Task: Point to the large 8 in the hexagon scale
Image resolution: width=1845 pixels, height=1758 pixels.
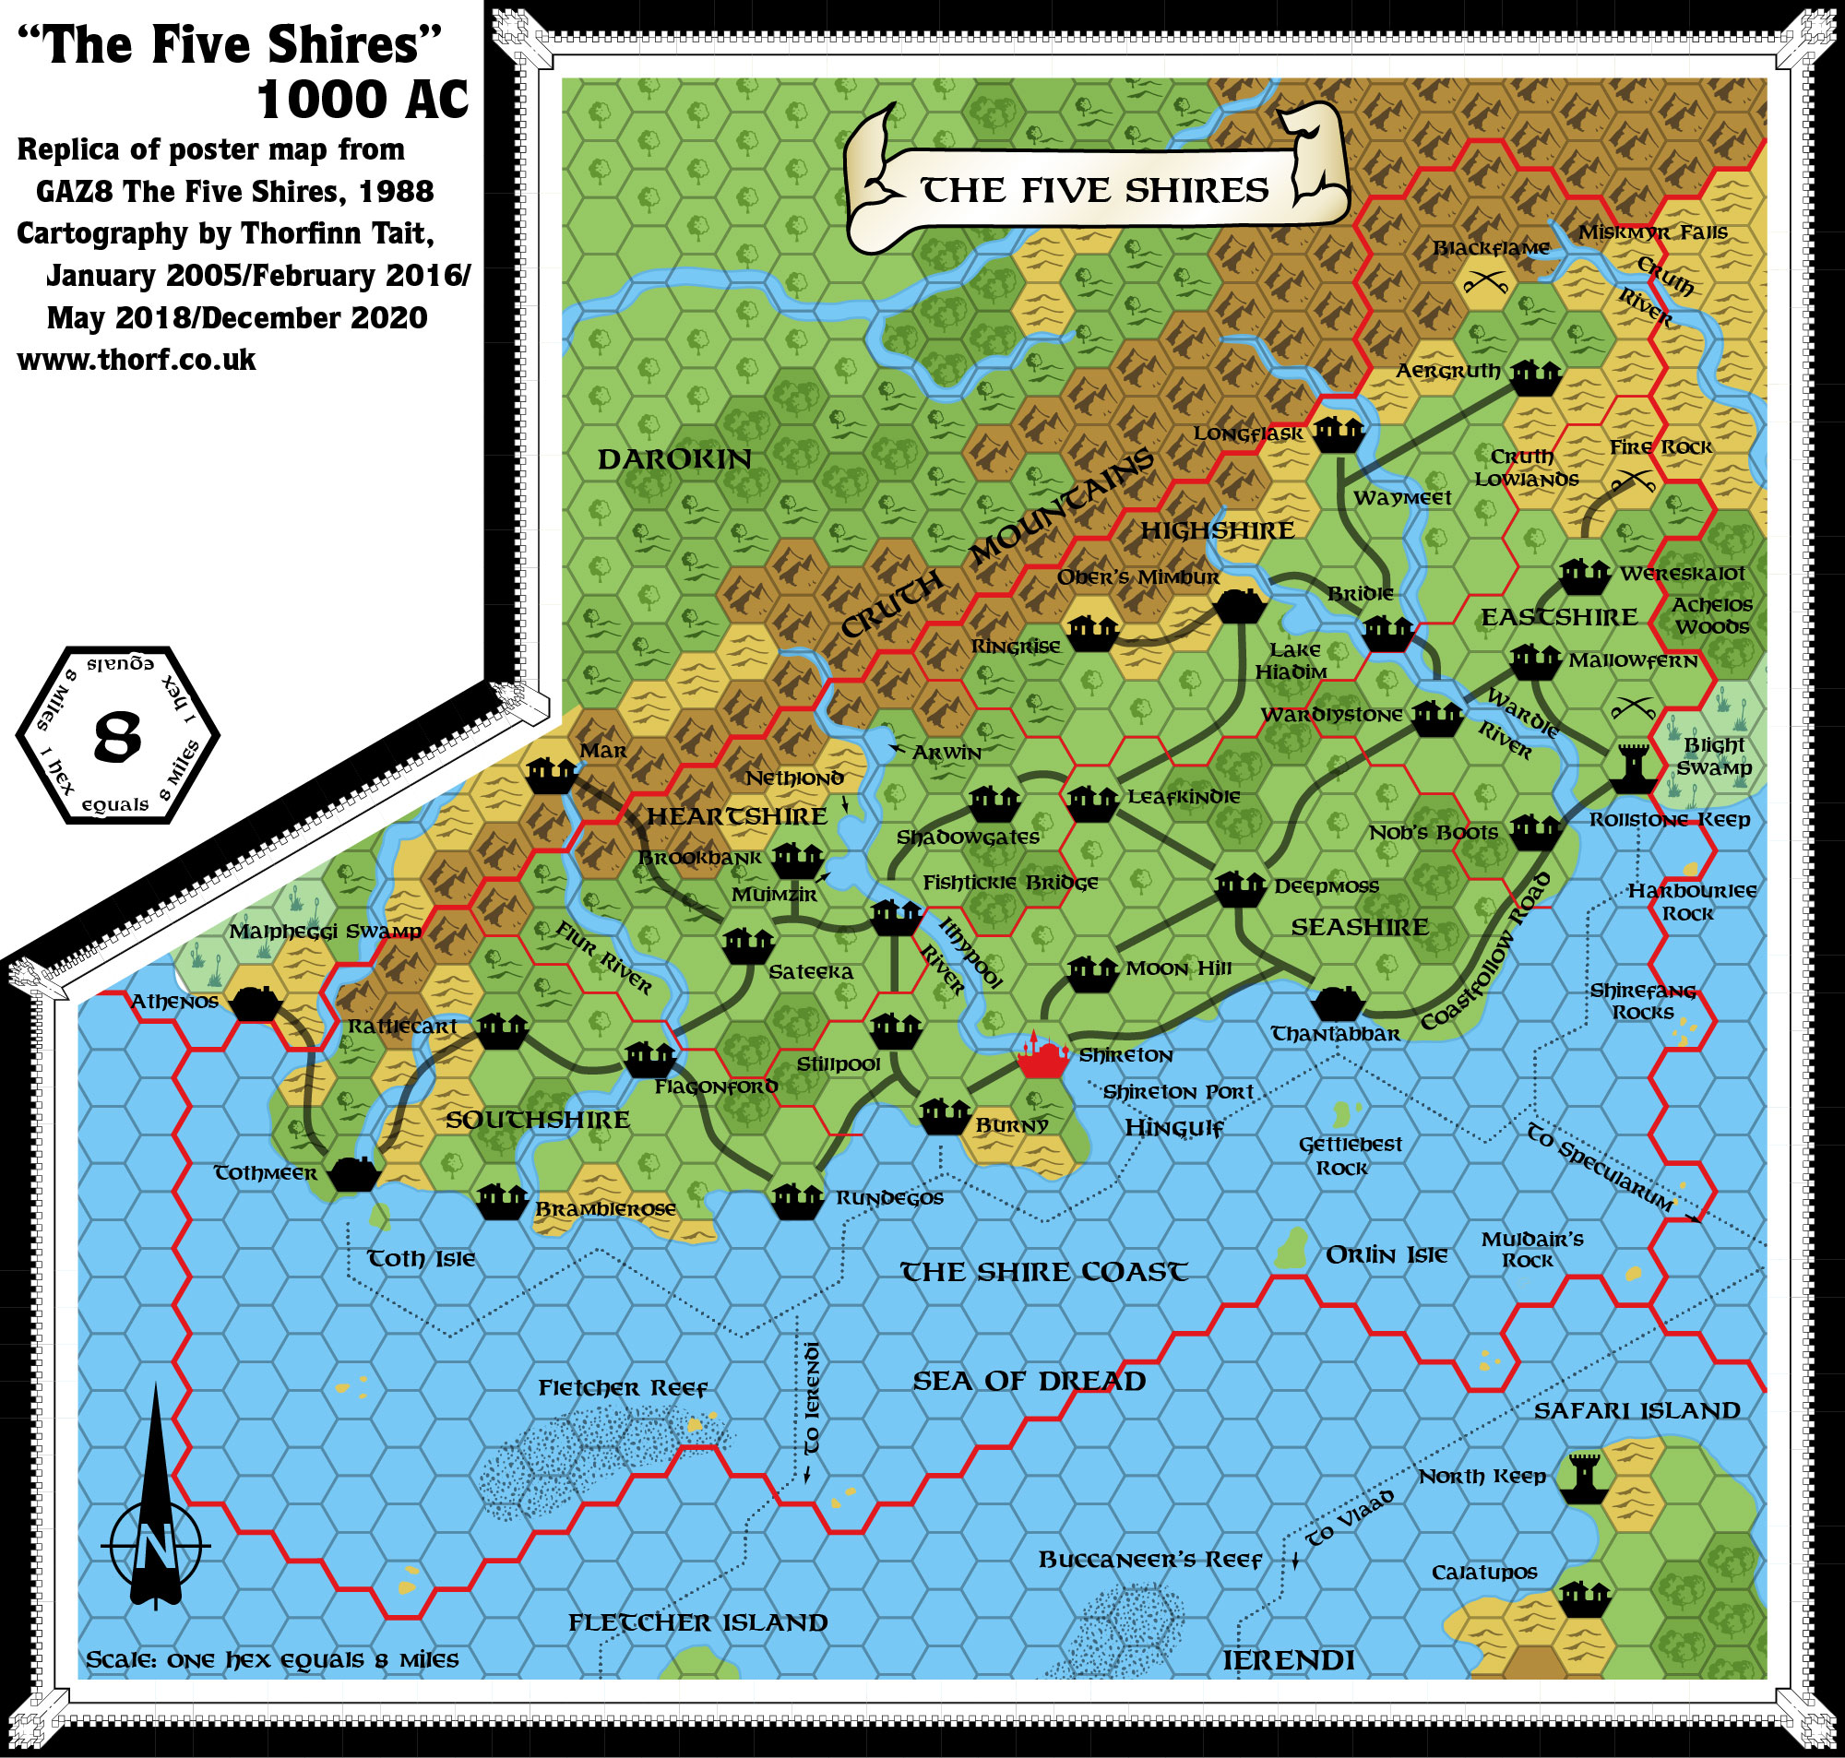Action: click(118, 737)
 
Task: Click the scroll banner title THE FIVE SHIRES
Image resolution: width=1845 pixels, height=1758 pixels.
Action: click(1094, 190)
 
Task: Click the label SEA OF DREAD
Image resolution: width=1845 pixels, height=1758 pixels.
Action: click(1029, 1381)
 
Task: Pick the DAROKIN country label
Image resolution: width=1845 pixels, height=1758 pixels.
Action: click(674, 459)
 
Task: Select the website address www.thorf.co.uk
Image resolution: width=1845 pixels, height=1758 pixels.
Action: click(137, 360)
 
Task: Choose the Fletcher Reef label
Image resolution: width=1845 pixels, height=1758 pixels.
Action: click(622, 1388)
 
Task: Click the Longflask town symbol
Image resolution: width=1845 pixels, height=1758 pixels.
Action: click(1337, 433)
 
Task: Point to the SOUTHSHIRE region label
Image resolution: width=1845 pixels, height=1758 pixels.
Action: click(537, 1120)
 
